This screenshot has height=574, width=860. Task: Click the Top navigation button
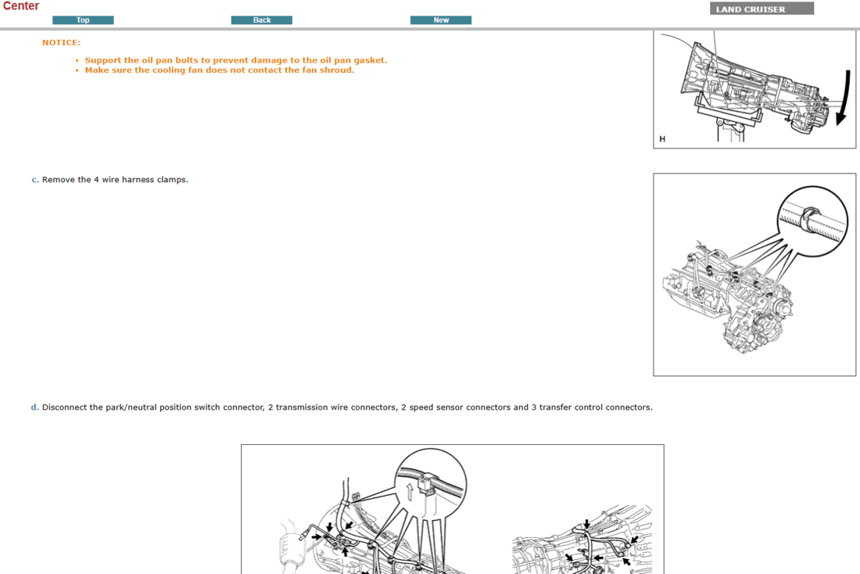[83, 20]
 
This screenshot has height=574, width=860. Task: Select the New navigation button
[441, 20]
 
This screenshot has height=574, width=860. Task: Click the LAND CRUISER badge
[761, 9]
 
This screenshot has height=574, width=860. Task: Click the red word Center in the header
[20, 6]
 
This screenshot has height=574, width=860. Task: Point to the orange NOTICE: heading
[61, 42]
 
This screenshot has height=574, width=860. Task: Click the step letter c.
[34, 180]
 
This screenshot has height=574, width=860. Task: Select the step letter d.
[34, 407]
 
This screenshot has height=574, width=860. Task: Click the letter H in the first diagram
[662, 139]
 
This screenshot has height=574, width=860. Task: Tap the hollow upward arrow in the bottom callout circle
[409, 492]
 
